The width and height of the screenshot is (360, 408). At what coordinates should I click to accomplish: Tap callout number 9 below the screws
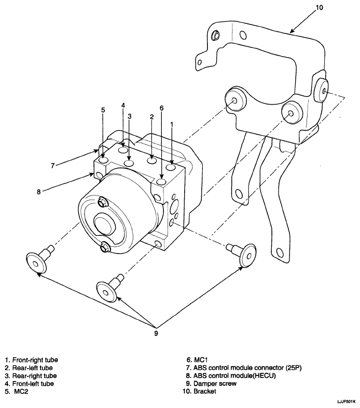point(155,333)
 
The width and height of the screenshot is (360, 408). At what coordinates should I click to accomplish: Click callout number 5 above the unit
point(103,110)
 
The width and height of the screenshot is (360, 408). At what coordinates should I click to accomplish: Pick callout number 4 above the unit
point(123,105)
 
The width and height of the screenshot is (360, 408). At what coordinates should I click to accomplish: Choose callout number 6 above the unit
point(162,108)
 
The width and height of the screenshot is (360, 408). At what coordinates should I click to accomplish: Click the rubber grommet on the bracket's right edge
point(322,90)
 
